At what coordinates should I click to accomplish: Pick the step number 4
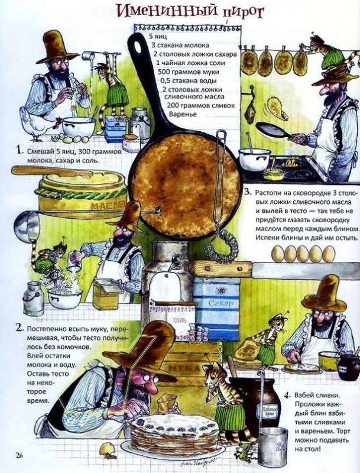[x=287, y=395]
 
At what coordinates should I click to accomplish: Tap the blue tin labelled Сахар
[x=217, y=307]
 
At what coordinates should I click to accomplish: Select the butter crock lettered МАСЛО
[x=81, y=198]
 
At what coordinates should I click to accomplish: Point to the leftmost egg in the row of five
[x=277, y=254]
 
